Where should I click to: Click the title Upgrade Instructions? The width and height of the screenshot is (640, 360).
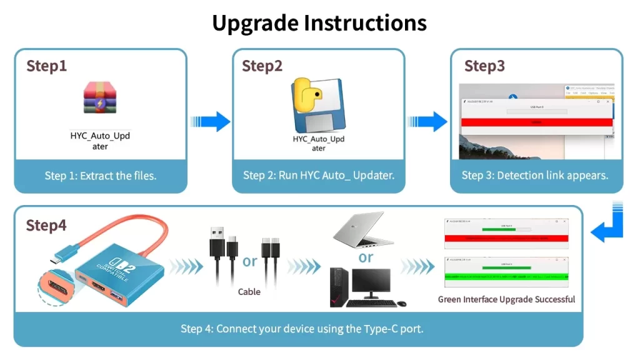click(x=319, y=23)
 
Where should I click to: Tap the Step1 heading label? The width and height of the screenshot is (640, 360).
click(x=46, y=66)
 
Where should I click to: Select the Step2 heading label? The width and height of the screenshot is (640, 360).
click(x=262, y=66)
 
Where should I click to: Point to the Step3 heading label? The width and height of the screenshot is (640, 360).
click(x=484, y=66)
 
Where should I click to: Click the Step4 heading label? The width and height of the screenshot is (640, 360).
click(x=46, y=225)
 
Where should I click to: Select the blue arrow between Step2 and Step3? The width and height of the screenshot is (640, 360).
click(x=428, y=121)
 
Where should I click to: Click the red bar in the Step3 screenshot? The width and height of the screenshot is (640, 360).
click(x=536, y=122)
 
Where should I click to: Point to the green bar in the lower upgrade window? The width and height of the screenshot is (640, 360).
click(x=506, y=276)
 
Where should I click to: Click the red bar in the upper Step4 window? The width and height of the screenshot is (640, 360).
click(x=506, y=238)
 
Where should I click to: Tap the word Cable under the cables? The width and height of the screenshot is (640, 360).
click(x=249, y=292)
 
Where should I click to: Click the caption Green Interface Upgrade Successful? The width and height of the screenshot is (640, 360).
click(x=506, y=299)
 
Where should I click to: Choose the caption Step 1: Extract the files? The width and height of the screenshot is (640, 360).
click(x=101, y=176)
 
